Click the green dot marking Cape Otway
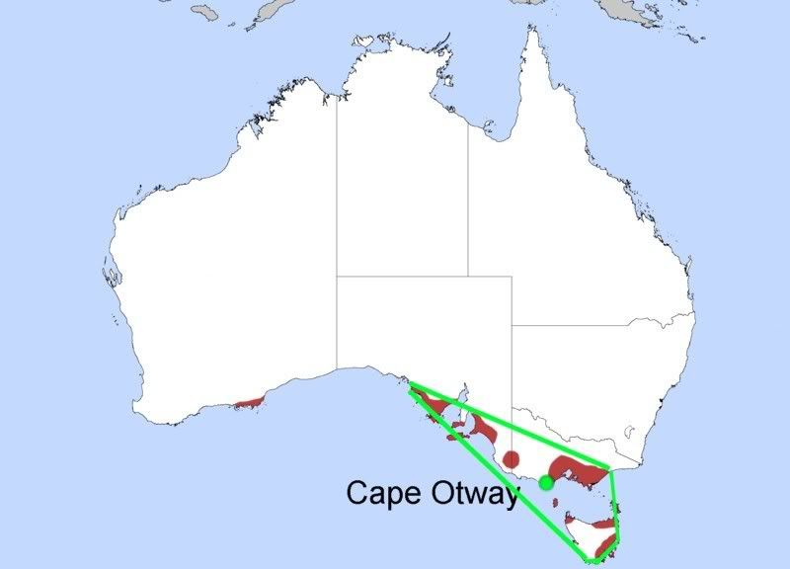pos(546,482)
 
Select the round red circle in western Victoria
pos(512,458)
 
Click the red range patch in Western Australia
pos(250,402)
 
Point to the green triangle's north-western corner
pos(410,383)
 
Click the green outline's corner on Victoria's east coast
pos(611,469)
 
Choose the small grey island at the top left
pos(204,12)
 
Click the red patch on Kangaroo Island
pos(456,433)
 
